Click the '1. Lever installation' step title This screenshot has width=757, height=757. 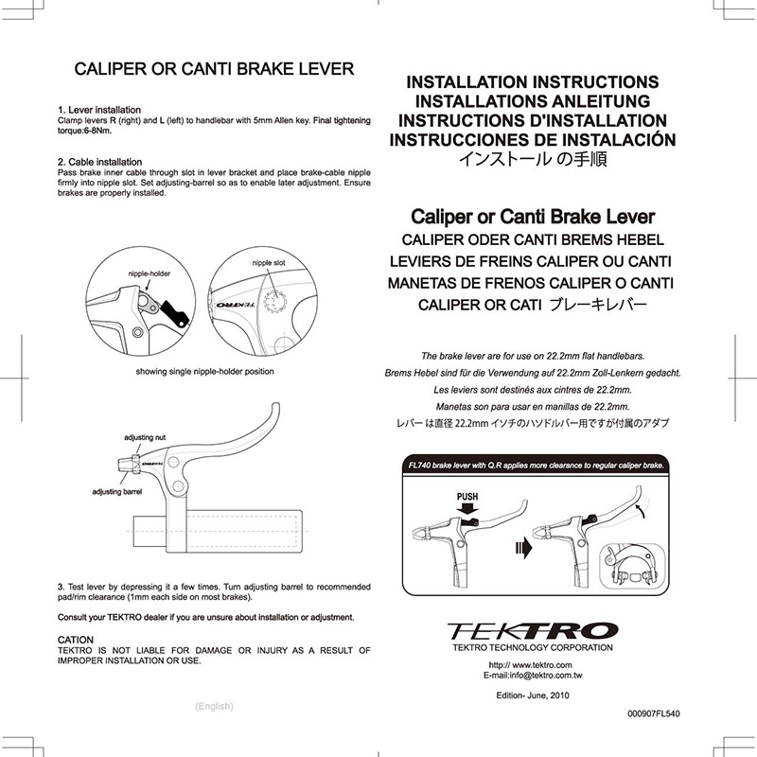click(x=99, y=111)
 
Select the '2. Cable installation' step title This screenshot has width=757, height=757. click(x=99, y=162)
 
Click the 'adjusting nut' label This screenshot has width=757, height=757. click(x=145, y=438)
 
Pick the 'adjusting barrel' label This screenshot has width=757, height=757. click(x=116, y=492)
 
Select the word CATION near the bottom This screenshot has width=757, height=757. click(x=76, y=640)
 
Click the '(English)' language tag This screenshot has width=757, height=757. click(x=214, y=706)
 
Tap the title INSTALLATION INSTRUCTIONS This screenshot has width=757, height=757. click(x=532, y=82)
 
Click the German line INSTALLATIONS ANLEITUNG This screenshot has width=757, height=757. click(x=532, y=101)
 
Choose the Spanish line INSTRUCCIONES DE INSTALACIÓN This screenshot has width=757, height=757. click(x=532, y=139)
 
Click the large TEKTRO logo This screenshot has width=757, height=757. click(x=532, y=628)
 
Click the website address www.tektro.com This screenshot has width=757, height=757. click(x=532, y=665)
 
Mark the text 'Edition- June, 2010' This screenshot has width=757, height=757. click(x=532, y=695)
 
